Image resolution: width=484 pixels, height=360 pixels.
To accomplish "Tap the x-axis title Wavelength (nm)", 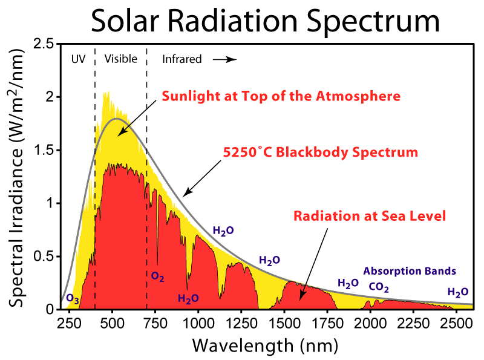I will [265, 345].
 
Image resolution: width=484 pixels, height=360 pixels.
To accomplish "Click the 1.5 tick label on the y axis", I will [44, 150].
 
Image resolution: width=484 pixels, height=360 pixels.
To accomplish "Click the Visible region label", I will [121, 59].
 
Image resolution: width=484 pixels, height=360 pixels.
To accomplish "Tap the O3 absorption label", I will [72, 299].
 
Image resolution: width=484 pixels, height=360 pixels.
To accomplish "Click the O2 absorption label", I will [157, 277].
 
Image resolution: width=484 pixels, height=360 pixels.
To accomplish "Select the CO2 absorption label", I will [379, 287].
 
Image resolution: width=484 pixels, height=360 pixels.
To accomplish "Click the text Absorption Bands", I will [410, 271].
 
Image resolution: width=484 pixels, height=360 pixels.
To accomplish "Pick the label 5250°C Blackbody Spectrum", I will [321, 152].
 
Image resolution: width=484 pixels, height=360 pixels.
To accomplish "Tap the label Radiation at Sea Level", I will [369, 216].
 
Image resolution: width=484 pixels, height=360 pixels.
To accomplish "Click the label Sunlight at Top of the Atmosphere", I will [281, 96].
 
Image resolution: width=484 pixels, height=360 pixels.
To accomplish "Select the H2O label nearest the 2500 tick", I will [458, 292].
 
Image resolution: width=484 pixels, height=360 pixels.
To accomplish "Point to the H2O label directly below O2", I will [188, 298].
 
